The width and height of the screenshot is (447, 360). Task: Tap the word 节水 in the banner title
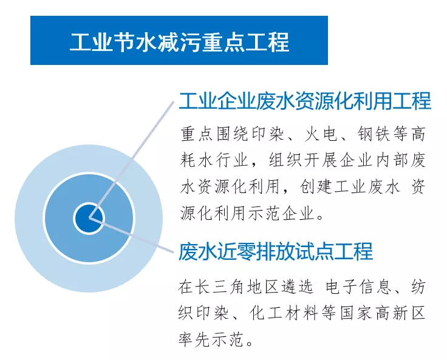[135, 42]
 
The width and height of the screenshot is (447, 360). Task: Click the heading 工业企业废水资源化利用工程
[305, 101]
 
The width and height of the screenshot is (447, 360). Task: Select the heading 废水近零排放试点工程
[276, 251]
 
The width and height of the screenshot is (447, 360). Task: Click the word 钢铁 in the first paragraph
[374, 134]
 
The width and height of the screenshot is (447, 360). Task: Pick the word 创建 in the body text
[316, 187]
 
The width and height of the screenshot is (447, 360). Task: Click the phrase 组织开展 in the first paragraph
[302, 160]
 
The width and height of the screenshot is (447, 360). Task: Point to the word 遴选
[297, 287]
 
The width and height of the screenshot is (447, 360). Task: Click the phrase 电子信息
[358, 287]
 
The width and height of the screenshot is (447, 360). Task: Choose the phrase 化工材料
[284, 313]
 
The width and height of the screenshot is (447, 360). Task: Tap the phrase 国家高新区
[383, 313]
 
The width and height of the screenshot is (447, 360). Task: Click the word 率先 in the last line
[195, 339]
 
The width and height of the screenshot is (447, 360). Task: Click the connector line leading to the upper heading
[131, 159]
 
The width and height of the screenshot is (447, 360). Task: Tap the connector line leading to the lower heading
[131, 234]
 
